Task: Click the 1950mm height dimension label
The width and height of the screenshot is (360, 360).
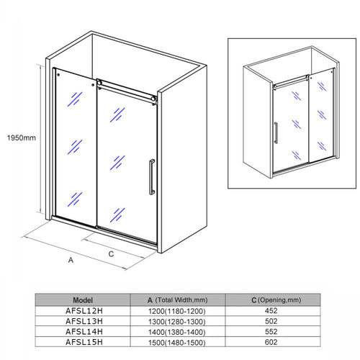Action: tap(19, 138)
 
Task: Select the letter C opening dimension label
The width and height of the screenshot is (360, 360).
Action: tap(111, 253)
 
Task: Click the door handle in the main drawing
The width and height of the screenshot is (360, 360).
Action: tap(150, 176)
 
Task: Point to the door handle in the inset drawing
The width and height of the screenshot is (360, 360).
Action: tap(275, 134)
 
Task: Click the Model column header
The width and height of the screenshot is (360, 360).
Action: tap(83, 300)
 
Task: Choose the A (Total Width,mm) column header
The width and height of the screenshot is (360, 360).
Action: tap(176, 300)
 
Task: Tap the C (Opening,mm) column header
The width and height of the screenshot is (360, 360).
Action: tap(271, 300)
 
